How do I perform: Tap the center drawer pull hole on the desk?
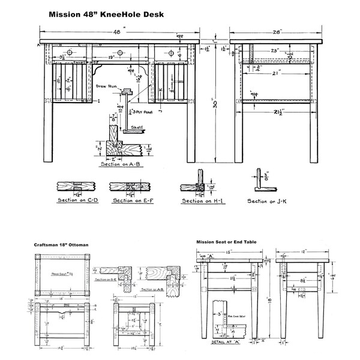[119, 53]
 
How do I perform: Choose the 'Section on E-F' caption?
[132, 200]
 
